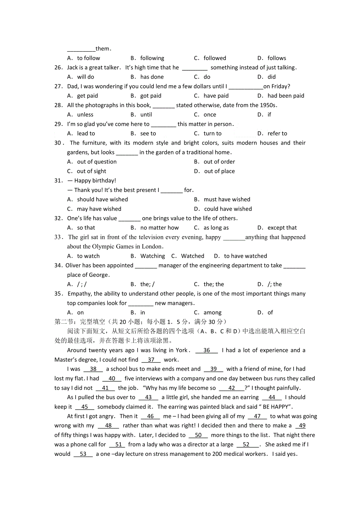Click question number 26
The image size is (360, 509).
pyautogui.click(x=58, y=68)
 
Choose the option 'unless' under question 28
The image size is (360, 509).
pyautogui.click(x=85, y=115)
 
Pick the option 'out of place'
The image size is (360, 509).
pyautogui.click(x=219, y=171)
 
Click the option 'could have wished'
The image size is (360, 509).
pyautogui.click(x=228, y=209)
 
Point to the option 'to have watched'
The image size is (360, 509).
pyautogui.click(x=245, y=256)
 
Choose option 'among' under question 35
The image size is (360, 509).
pyautogui.click(x=212, y=312)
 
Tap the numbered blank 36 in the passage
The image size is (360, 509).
pyautogui.click(x=207, y=350)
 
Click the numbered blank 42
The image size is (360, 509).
pyautogui.click(x=232, y=388)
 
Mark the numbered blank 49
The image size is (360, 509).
pyautogui.click(x=301, y=426)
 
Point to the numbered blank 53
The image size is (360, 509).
pyautogui.click(x=83, y=454)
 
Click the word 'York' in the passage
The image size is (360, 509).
pyautogui.click(x=182, y=350)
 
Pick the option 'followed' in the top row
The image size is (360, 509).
pyautogui.click(x=215, y=58)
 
